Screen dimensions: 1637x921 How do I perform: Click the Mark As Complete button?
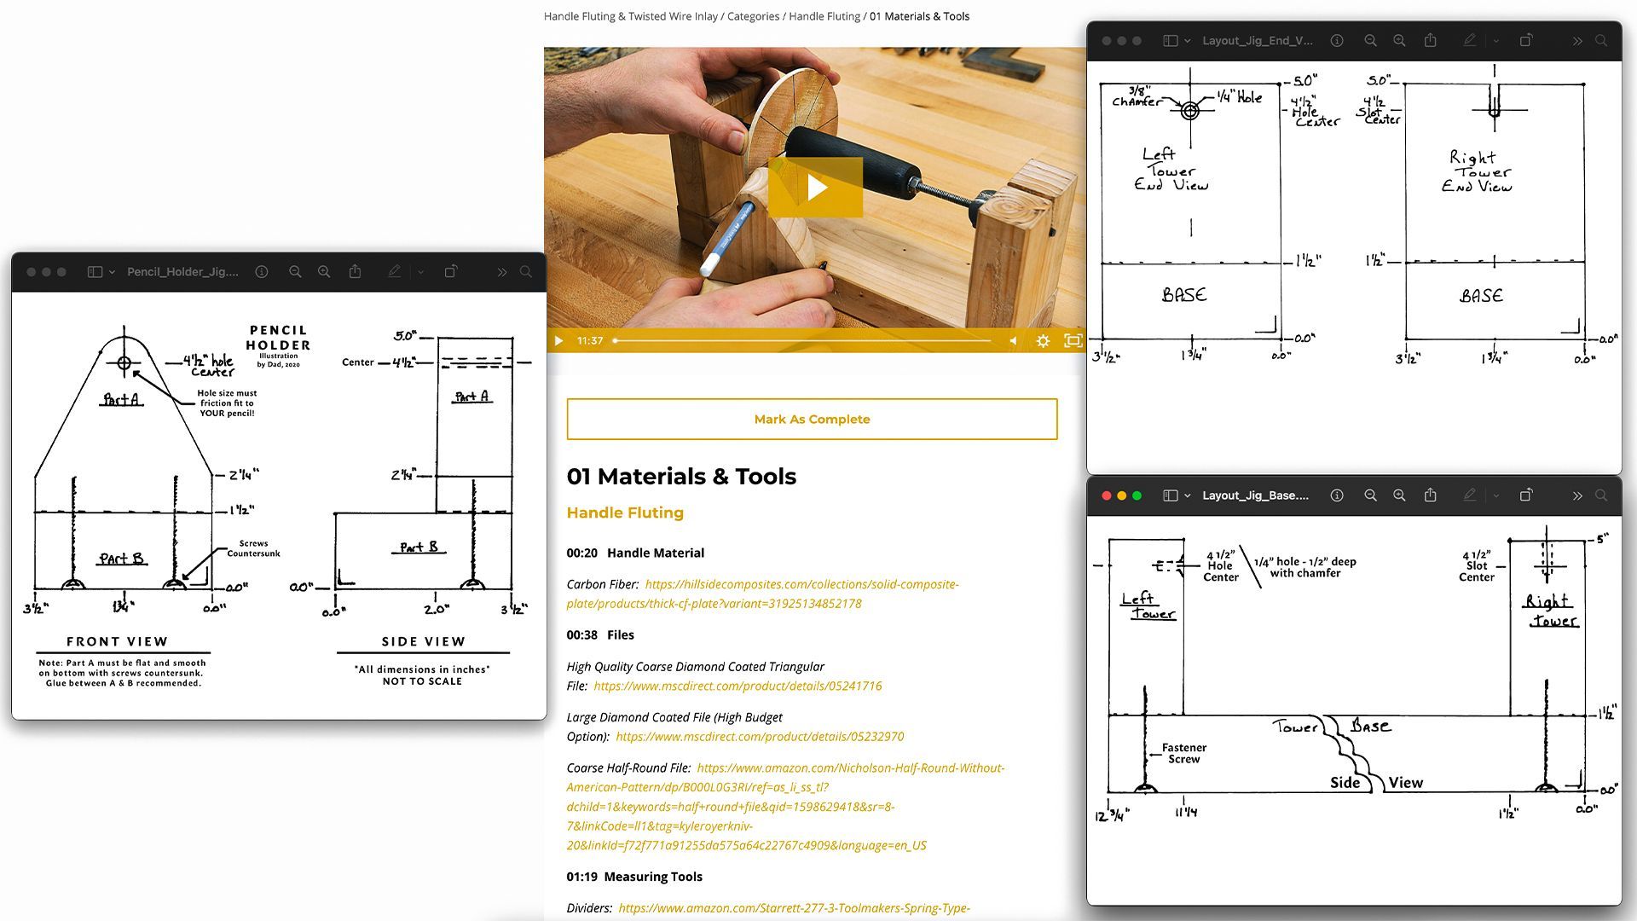coord(812,419)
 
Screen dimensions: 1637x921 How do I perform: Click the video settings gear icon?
coord(1043,341)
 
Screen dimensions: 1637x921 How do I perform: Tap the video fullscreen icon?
coord(1073,341)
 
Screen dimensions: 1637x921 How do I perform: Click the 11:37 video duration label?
coord(590,341)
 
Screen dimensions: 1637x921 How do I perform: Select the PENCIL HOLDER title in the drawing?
coord(278,338)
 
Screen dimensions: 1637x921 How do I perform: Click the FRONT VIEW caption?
coord(118,641)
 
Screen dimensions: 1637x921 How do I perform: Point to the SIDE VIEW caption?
coord(424,641)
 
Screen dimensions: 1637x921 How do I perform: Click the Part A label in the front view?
coord(121,399)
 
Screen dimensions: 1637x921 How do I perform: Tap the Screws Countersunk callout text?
coord(253,548)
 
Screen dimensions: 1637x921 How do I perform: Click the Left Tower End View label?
coord(1171,169)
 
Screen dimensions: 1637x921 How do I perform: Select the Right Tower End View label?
coord(1477,171)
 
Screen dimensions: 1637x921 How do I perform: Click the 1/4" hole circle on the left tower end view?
coord(1190,110)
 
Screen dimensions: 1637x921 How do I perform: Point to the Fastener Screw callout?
coord(1184,753)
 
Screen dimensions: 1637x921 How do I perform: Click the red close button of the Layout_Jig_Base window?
coord(1107,495)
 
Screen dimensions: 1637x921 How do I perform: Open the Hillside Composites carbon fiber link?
coord(762,594)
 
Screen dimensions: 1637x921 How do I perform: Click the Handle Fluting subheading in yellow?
coord(625,513)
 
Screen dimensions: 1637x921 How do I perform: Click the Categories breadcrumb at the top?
coord(753,16)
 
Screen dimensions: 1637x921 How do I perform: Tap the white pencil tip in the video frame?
coord(708,264)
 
